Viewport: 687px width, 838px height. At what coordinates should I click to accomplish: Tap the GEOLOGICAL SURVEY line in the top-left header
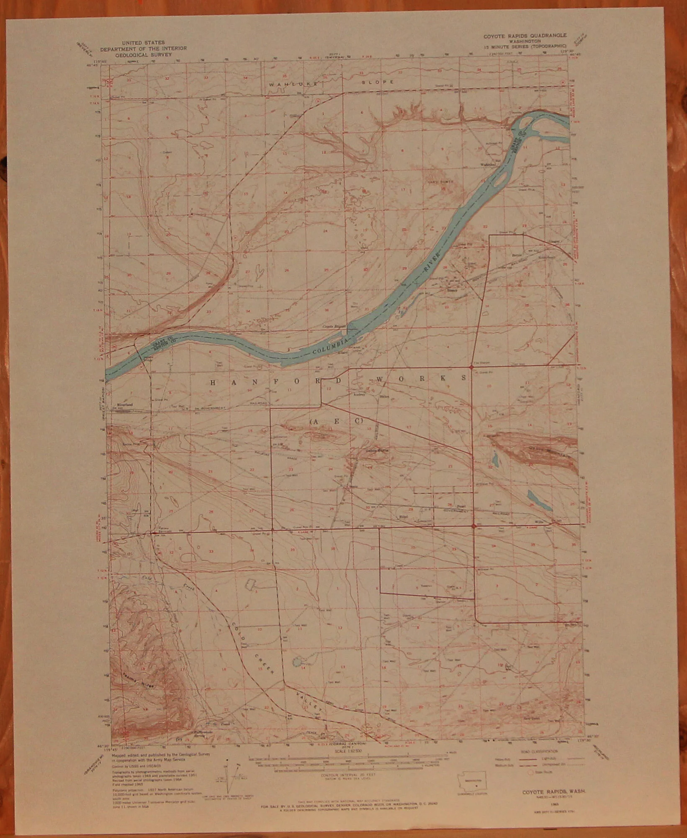(x=143, y=54)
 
